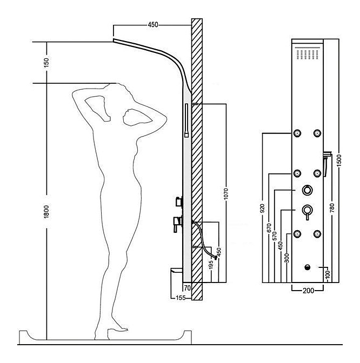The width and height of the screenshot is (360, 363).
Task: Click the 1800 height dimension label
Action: tap(46, 211)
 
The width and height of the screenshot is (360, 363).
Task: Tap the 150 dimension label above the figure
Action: tap(46, 63)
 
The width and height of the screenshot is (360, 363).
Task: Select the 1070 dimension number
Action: tap(226, 194)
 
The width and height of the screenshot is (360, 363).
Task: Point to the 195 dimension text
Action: tap(211, 265)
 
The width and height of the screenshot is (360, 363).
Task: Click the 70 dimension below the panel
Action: tap(188, 288)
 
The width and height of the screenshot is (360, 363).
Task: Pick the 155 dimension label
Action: tap(181, 298)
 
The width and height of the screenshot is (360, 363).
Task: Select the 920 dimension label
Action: tap(262, 209)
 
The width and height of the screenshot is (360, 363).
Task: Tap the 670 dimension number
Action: tap(269, 228)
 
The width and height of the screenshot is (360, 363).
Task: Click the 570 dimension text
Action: tap(275, 237)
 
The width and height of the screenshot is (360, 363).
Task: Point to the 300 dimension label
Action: tap(287, 258)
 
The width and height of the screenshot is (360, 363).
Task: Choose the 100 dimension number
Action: tap(328, 274)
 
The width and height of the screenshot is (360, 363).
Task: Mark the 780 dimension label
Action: tap(332, 208)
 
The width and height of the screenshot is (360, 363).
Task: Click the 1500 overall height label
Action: tap(339, 160)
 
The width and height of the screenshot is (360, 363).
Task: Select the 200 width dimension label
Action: tap(308, 290)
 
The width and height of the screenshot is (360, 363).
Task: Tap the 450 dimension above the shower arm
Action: tap(153, 25)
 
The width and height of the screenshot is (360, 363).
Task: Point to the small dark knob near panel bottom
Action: tap(308, 267)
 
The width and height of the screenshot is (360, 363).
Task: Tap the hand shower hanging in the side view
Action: tap(186, 120)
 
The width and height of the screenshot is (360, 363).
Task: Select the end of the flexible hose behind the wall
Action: tap(216, 257)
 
